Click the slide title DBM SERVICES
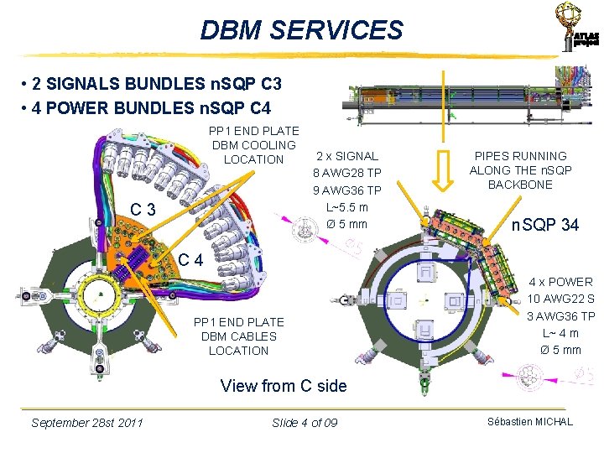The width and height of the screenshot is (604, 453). [x=301, y=30]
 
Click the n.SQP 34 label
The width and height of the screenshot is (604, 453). [x=546, y=224]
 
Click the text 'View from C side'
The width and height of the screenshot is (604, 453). [x=283, y=386]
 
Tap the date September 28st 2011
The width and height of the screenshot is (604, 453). [x=86, y=422]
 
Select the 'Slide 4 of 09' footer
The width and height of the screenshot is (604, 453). [x=305, y=422]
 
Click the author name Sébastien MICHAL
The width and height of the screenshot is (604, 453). [x=530, y=421]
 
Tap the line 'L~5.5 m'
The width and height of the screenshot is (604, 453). [x=346, y=207]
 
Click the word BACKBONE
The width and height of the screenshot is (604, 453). [x=520, y=185]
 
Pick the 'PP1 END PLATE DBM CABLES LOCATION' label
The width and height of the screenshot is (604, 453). [x=238, y=336]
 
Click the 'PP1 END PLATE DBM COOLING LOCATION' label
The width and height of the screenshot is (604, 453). [x=253, y=145]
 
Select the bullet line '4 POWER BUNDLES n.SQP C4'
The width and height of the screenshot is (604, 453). [x=148, y=107]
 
